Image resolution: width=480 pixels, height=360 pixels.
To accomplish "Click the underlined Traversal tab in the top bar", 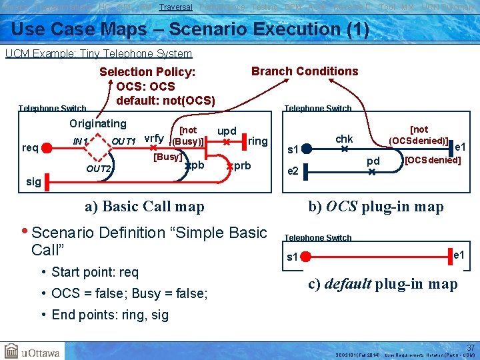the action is point(176,7).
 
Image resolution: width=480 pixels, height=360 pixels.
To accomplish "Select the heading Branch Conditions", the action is point(304,71).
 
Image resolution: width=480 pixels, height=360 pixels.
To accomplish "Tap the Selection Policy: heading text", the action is point(147,72).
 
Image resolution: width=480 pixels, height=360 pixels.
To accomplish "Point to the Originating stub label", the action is point(98,123).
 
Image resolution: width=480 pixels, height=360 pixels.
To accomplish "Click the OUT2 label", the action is point(98,169).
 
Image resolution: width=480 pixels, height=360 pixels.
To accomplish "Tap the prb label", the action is point(242,165).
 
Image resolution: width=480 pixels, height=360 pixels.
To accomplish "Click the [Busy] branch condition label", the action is point(167,157).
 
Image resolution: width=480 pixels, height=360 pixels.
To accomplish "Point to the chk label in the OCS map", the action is point(344,139).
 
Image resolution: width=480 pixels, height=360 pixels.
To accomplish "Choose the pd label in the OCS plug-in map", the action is point(373,161).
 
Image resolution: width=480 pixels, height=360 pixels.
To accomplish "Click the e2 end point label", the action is point(292,171).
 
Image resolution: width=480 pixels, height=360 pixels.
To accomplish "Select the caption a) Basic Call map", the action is point(144,207).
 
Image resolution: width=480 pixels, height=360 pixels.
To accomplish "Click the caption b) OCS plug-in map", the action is point(375,207).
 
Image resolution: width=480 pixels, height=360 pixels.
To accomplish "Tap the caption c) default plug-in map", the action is point(383,284).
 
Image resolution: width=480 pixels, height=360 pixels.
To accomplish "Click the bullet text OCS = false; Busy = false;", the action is point(129,294).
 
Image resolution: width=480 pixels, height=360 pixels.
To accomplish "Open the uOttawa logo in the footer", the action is point(32,350).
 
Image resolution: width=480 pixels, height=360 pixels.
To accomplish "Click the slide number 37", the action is point(471,347).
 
